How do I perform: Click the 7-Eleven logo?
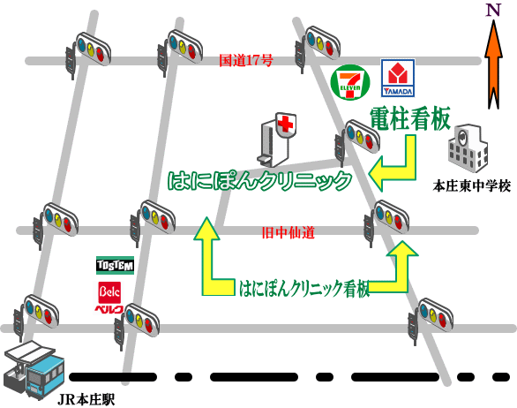tap(350, 82)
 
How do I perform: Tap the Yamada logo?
tap(398, 78)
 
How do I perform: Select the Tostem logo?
tap(115, 265)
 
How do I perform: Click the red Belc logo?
tap(109, 297)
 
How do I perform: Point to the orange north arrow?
tap(493, 64)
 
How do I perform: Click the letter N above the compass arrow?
tap(493, 11)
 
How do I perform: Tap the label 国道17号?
tap(246, 61)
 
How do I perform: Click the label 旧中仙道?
tap(288, 233)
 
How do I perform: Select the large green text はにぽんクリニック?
tap(259, 180)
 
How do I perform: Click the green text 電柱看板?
tap(410, 119)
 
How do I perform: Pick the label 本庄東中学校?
tap(471, 186)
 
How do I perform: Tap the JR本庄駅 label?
tap(86, 400)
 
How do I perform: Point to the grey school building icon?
tap(468, 148)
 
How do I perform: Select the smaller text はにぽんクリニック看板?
tap(304, 289)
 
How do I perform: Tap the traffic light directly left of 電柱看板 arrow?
tap(356, 141)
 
